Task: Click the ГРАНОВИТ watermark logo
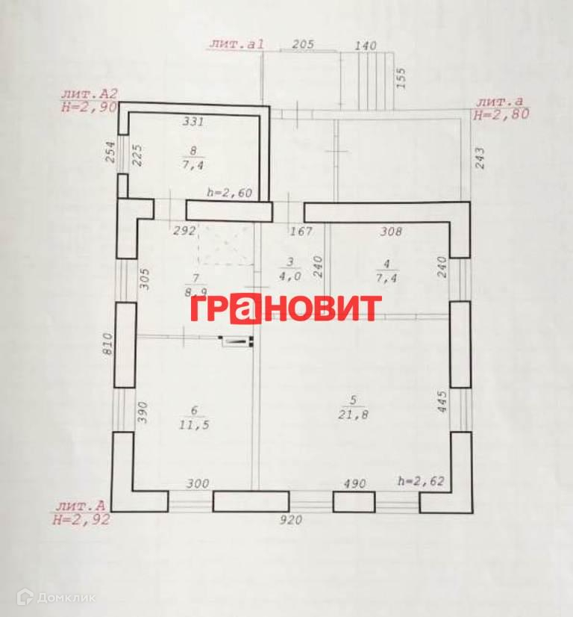pos(286,308)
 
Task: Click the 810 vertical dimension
pos(108,345)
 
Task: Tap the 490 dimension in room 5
pos(354,484)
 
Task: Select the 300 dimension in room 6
pos(197,484)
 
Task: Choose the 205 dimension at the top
pos(302,45)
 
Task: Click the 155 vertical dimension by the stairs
pos(401,78)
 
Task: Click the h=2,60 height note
pos(230,193)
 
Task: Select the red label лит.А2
pos(90,94)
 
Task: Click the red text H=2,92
pos(81,521)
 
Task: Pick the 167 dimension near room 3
pos(301,232)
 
